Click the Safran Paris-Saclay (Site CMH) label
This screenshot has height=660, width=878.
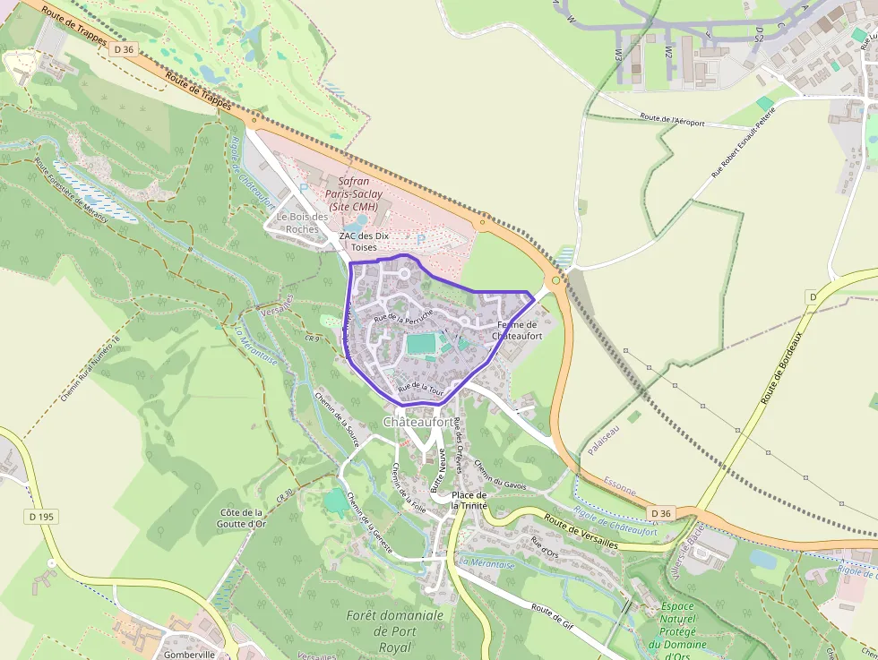(360, 193)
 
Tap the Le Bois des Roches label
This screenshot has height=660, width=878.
(303, 222)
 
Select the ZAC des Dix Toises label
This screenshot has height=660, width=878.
(365, 241)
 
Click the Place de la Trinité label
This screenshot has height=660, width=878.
(469, 500)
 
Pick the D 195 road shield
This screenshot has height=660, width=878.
(40, 517)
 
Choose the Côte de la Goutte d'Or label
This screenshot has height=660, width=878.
(242, 518)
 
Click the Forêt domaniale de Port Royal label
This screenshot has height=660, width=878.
(394, 631)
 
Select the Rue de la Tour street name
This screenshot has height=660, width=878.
(420, 389)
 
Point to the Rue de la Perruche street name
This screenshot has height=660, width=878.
(403, 315)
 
